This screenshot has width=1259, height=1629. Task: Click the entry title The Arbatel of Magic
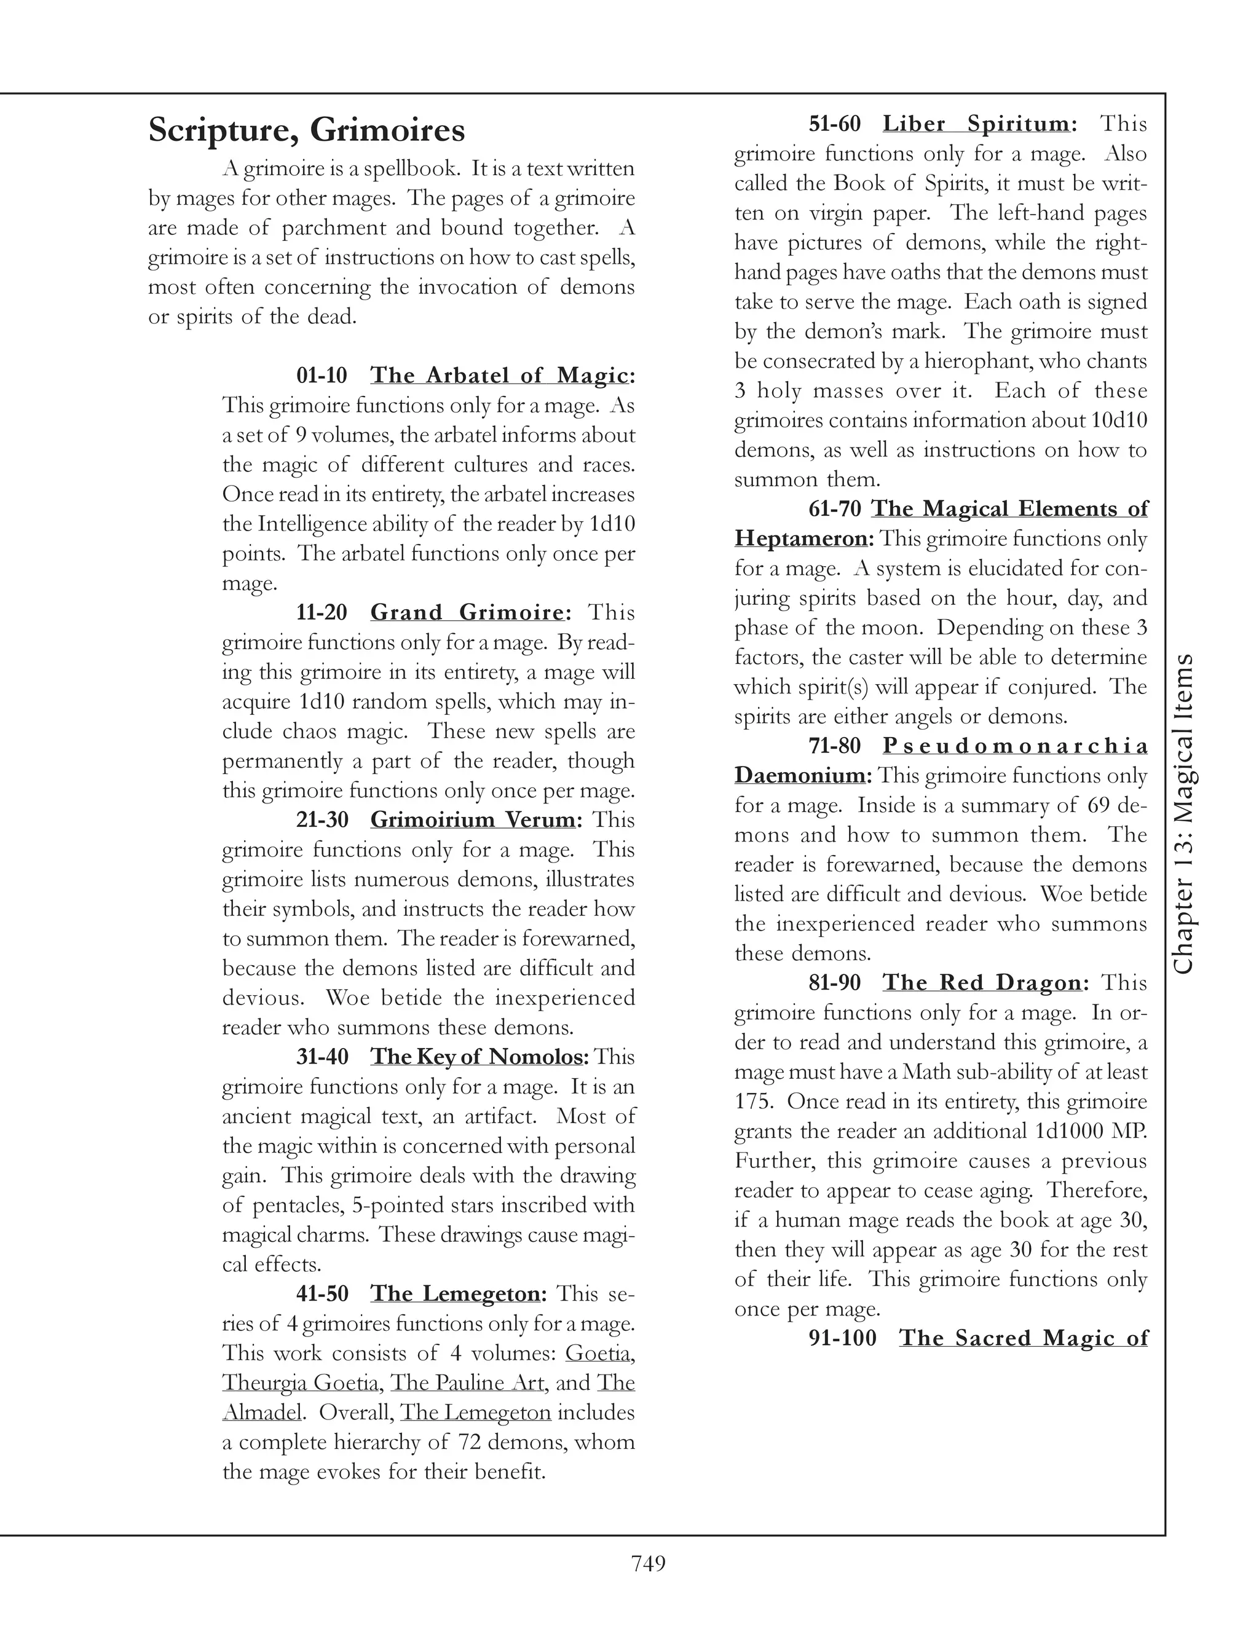[x=499, y=375]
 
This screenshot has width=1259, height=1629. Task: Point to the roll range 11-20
[x=322, y=612]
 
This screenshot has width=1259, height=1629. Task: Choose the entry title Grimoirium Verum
[x=473, y=819]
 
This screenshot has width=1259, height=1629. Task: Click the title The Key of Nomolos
[x=477, y=1057]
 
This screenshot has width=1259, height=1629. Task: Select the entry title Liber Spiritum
[x=976, y=124]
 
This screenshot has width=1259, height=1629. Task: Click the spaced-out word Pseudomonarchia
[x=1015, y=746]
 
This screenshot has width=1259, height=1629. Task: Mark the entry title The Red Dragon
[x=982, y=983]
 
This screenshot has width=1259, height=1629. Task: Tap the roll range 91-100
[x=842, y=1338]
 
